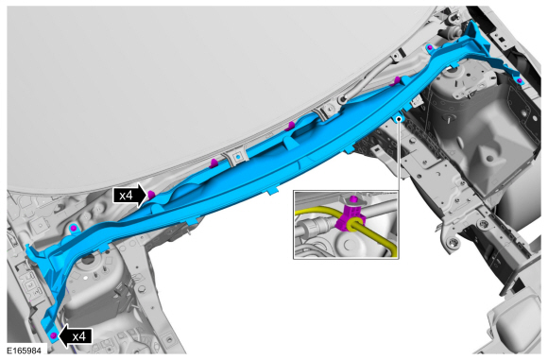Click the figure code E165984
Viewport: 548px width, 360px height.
[x=25, y=351]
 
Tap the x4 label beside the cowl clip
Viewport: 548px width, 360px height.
[x=126, y=196]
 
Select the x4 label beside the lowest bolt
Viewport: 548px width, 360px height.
[x=79, y=336]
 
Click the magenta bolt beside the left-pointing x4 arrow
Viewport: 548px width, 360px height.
[x=54, y=335]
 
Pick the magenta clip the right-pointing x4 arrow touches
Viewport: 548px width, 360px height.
[x=151, y=195]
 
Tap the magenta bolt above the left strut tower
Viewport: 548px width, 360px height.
[x=74, y=229]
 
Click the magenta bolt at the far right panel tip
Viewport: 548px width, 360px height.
[x=520, y=81]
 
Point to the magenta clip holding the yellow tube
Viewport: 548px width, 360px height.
[x=351, y=218]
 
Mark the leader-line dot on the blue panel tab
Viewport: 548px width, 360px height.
[x=399, y=119]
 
